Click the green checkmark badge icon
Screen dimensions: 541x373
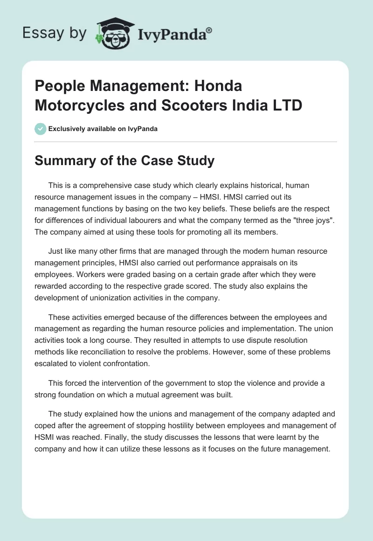41,129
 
